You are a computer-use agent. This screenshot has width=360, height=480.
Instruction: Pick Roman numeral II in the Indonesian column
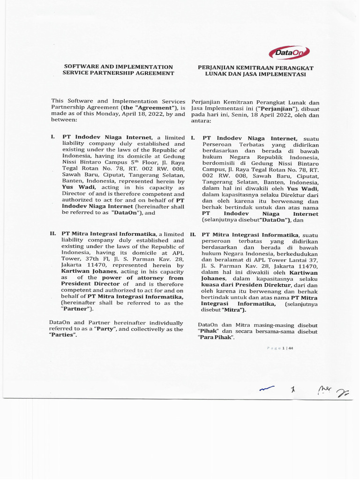(193, 234)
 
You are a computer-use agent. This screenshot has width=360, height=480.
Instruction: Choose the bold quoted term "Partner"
(77, 309)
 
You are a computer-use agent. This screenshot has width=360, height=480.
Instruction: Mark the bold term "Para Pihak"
(216, 337)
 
